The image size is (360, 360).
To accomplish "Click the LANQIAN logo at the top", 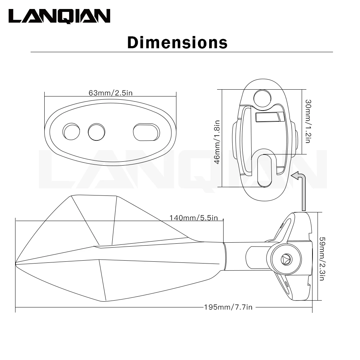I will coord(59,16).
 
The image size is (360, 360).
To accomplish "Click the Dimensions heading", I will coord(177,42).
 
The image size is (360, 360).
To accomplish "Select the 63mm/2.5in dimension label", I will coord(111,93).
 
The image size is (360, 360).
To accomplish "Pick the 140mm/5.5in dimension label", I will coord(194,218).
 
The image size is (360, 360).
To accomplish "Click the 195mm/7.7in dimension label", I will coord(228,307).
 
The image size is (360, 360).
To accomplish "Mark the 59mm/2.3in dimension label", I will coord(323,258).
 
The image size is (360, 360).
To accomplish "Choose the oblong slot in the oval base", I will coord(146,132).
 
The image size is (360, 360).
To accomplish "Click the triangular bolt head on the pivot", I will coord(287,259).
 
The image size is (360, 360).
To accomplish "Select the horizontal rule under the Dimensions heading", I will coord(181,52).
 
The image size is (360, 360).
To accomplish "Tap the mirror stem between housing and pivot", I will coord(236,256).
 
